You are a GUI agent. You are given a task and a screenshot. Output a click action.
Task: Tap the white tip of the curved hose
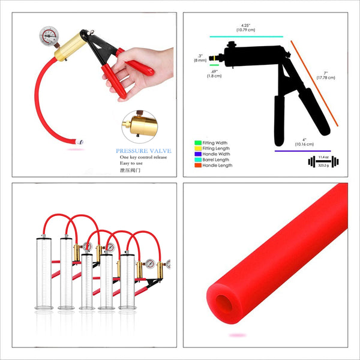click(80, 142)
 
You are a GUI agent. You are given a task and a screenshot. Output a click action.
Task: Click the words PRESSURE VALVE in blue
click(144, 151)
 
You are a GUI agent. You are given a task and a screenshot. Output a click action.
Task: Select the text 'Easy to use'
click(131, 163)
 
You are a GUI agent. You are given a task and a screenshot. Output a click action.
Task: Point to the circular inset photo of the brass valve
click(138, 125)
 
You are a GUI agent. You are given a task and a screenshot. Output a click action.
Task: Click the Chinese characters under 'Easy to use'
click(127, 170)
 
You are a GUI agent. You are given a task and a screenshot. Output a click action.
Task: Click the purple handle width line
click(302, 151)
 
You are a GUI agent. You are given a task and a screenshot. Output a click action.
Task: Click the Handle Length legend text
click(217, 165)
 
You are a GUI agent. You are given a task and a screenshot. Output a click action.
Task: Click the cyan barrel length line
click(246, 36)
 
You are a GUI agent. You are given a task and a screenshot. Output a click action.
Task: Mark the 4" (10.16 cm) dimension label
click(303, 142)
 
